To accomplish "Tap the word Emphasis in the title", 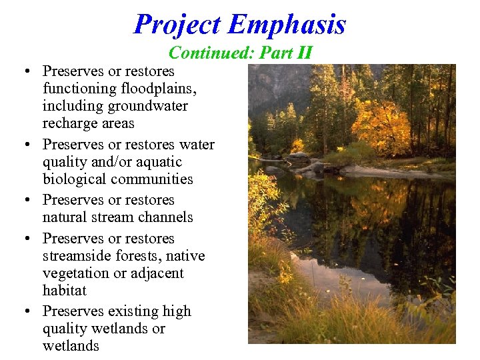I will click(287, 25).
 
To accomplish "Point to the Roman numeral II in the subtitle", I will click(304, 53).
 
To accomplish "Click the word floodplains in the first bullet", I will click(163, 89).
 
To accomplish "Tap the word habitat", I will click(65, 291).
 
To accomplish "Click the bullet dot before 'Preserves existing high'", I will click(23, 312).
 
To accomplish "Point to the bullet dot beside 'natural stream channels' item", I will click(23, 201).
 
